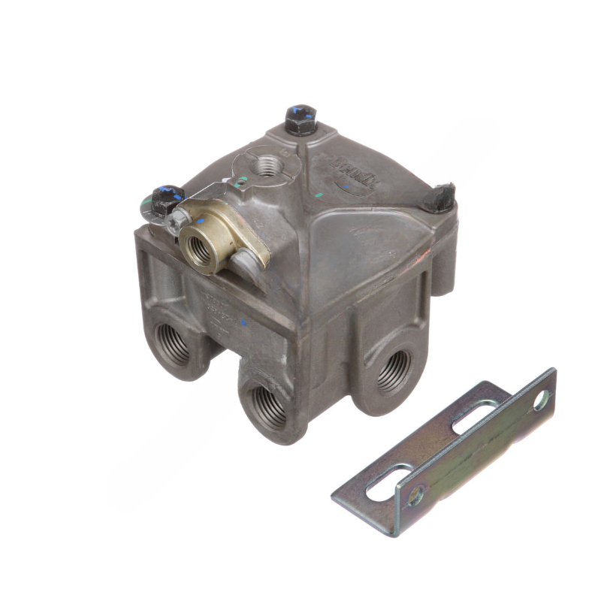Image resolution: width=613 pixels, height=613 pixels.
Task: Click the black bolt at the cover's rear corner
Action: tap(300, 119)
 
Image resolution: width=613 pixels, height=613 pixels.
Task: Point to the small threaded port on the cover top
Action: tap(265, 165)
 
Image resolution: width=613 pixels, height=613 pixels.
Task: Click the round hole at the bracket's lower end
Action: tap(414, 496)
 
